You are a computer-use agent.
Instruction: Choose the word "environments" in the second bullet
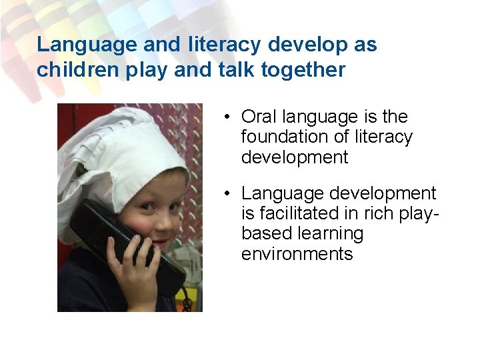[297, 254]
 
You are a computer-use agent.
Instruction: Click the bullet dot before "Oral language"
[227, 118]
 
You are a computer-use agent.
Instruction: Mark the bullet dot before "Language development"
[227, 195]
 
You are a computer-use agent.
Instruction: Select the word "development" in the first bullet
[295, 157]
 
